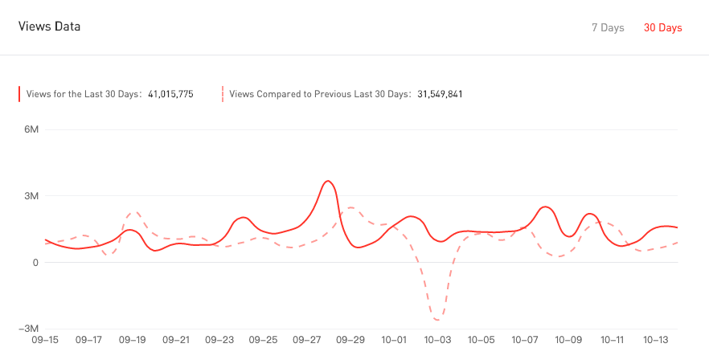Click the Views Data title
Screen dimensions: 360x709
tap(49, 27)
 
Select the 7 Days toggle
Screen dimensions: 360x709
tap(608, 28)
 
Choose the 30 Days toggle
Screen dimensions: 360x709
tap(662, 28)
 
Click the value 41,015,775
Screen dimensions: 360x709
tap(170, 94)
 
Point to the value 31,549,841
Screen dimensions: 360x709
tap(440, 94)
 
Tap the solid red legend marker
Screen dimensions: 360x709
tap(20, 94)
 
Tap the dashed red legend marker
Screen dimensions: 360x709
tap(223, 94)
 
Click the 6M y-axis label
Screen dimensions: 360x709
tap(31, 130)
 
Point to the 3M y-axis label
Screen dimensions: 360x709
tap(31, 196)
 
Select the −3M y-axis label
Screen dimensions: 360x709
tap(29, 329)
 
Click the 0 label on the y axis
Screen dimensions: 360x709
tap(35, 263)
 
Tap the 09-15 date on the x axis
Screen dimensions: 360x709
tap(45, 340)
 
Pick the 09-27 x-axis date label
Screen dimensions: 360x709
tap(308, 340)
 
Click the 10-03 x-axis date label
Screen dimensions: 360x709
tap(438, 340)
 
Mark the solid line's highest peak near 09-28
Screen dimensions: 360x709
tap(327, 181)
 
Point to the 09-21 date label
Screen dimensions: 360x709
tap(176, 340)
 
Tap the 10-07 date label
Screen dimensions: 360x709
tap(526, 340)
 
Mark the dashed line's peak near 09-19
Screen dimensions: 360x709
tap(136, 212)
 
